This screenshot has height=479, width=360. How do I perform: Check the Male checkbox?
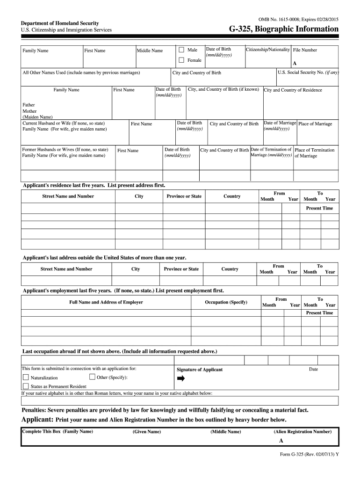point(181,50)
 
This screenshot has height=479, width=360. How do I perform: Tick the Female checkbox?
point(181,60)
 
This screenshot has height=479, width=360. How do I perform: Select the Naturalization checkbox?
point(26,377)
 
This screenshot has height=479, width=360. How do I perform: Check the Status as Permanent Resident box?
point(26,386)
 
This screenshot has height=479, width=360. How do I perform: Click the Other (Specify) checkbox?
point(92,377)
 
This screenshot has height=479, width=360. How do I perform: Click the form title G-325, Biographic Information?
point(283,29)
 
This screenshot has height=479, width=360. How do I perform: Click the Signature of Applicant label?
point(200,370)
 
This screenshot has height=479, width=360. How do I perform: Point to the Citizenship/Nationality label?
point(268,49)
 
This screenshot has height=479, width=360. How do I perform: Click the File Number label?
point(305,50)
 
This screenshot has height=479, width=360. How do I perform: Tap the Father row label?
point(29,105)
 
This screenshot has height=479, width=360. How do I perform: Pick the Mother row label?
point(29,111)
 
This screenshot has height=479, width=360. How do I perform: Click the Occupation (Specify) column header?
point(226,302)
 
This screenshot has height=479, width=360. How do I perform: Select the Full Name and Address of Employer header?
point(106,302)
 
